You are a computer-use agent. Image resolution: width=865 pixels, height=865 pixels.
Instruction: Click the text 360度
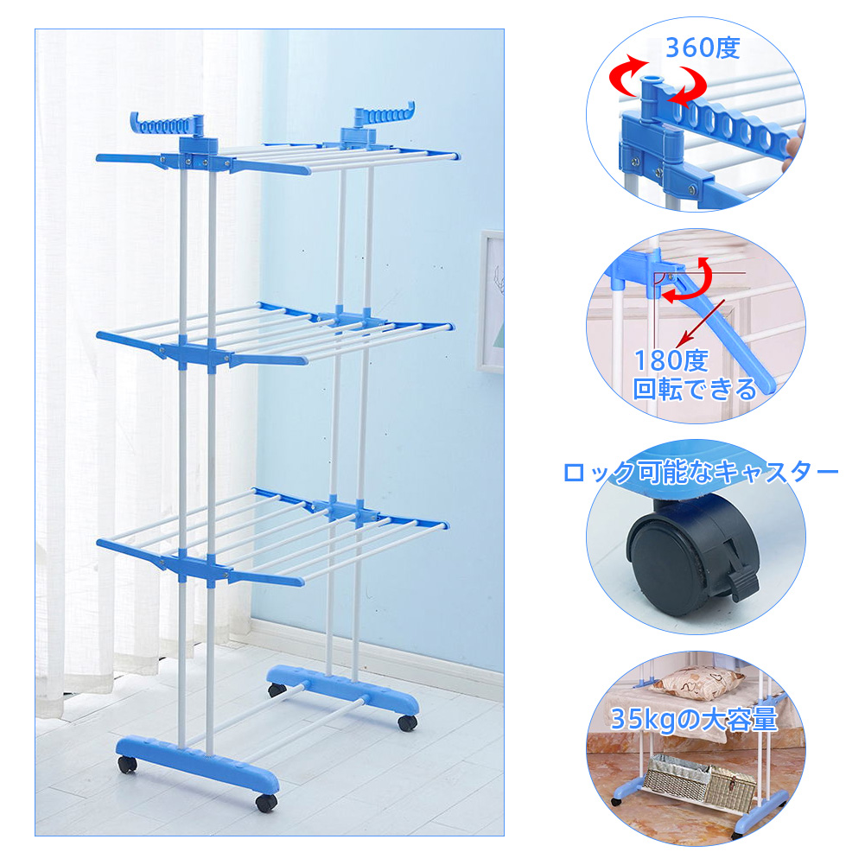coord(703,48)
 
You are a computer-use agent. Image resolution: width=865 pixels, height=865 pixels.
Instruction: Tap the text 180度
coord(671,361)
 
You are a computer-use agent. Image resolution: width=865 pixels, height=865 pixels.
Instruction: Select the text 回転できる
coord(695,388)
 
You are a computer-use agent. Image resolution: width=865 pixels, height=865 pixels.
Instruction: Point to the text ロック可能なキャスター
coord(701,472)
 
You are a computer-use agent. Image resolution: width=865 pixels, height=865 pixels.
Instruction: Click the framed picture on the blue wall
coord(491,301)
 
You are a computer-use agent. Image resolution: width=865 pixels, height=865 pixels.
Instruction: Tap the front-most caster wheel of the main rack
coord(266,802)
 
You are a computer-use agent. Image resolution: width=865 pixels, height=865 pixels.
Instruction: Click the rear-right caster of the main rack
coord(407,722)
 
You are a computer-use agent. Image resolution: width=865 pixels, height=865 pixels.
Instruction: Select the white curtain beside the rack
coord(144,359)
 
